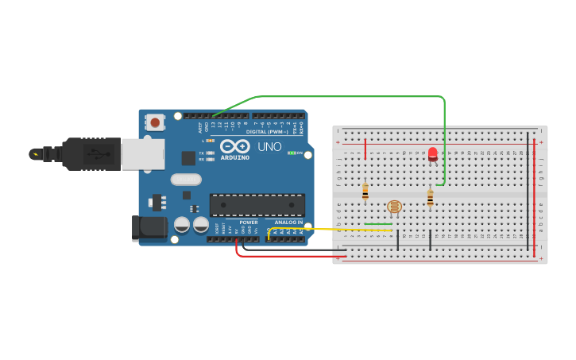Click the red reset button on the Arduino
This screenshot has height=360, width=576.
pos(154,122)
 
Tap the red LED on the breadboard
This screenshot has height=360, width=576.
pos(432,154)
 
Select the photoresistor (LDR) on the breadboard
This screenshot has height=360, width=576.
pos(394,207)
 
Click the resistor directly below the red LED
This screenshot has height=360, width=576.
pos(430,198)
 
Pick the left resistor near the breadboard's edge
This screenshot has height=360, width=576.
pos(365,192)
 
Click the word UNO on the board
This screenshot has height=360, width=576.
pos(269,147)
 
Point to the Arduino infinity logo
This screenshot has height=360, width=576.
pos(235,146)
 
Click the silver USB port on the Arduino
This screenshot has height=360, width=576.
pos(143,154)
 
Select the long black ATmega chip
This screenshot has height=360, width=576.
pos(257,204)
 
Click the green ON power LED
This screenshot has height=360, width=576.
pos(292,153)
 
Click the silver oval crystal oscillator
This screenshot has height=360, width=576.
pos(186,180)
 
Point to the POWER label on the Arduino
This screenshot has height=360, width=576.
pos(249,223)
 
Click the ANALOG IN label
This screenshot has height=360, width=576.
pos(288,223)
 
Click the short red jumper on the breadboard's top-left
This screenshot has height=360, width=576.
pos(365,149)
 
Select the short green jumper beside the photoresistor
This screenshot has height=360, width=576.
pos(379,224)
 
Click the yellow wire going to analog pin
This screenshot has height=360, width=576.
pos(334,230)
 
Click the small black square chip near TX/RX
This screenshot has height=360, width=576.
pos(188,158)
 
